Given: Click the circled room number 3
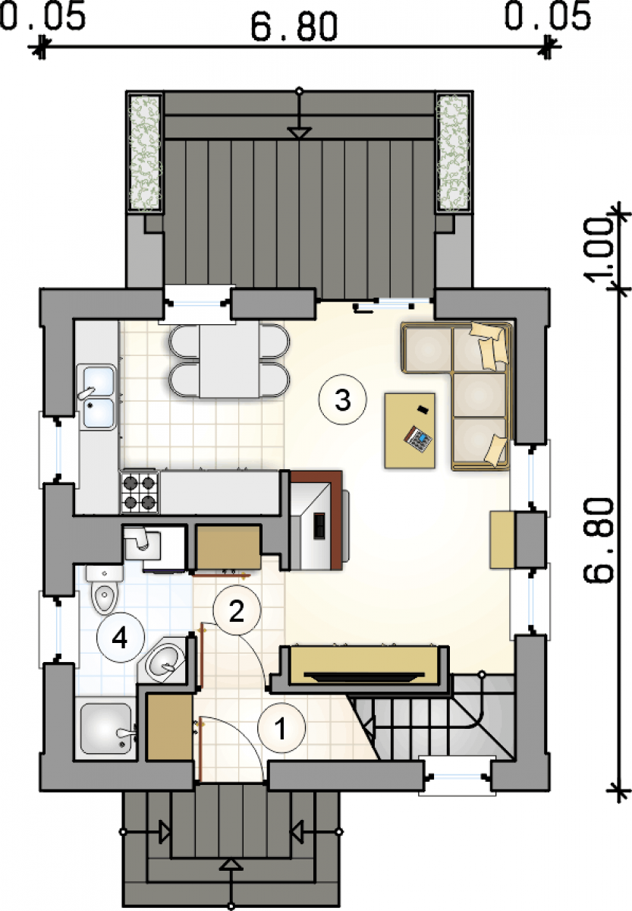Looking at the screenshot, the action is point(342,400).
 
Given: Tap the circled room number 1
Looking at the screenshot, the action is point(281,728).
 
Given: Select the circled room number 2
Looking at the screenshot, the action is point(236,610).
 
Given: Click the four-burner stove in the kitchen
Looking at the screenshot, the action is point(140,492).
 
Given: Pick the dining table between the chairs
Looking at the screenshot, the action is point(229,361).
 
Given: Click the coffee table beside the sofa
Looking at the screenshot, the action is point(410,430).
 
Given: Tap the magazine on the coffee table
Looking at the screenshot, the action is point(418,440).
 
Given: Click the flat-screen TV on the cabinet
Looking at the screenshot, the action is point(363,676).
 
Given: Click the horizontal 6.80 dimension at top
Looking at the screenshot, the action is point(294,27).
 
